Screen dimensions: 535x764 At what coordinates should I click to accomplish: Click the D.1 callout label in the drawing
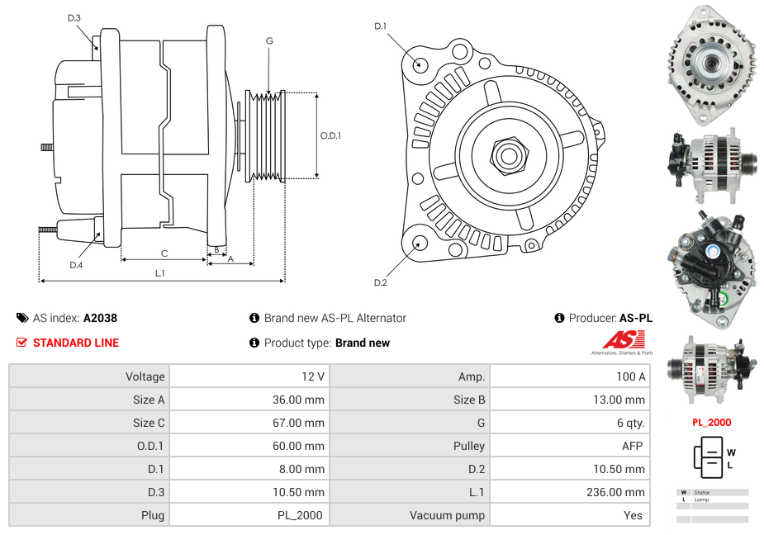380,26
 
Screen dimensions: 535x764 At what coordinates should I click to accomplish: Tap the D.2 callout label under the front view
380,283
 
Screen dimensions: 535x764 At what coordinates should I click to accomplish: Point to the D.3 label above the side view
74,17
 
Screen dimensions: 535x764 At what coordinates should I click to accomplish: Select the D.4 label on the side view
76,265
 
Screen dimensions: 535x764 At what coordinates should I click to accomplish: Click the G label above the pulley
269,41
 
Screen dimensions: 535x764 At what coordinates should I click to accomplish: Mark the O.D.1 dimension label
330,136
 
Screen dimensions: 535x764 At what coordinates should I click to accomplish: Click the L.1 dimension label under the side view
160,273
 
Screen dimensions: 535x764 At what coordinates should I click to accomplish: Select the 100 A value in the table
630,376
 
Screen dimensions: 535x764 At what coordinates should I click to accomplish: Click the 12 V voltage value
312,376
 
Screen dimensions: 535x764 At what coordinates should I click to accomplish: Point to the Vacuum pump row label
447,515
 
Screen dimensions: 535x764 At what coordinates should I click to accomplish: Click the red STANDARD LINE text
76,343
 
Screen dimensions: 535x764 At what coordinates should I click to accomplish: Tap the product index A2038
100,318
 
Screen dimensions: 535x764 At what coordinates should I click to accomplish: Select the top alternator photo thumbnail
711,62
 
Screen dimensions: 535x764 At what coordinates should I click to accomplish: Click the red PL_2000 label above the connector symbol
711,423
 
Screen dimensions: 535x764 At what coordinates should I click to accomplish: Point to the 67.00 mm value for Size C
302,423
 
